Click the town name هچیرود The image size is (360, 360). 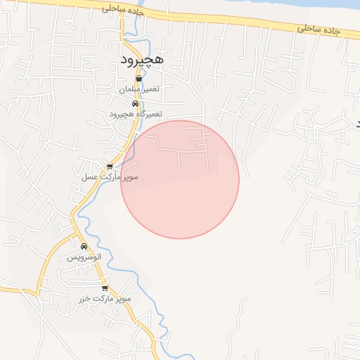click(141, 60)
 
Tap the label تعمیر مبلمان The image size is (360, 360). click(139, 89)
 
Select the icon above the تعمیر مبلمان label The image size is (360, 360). click(139, 79)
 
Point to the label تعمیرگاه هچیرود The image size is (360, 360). click(136, 113)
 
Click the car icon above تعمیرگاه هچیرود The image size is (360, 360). click(135, 104)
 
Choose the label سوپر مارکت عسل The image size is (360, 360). click(112, 177)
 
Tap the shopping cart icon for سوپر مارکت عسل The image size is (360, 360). click(110, 167)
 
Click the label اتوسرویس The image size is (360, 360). click(84, 257)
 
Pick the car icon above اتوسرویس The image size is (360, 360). click(84, 247)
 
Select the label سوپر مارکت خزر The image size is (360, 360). click(105, 299)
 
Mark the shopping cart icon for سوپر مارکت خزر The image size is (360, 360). click(105, 288)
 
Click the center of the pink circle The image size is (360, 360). click(180, 179)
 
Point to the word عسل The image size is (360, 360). click(91, 177)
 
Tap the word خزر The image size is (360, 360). click(85, 299)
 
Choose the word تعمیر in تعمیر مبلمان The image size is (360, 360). click(152, 89)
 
